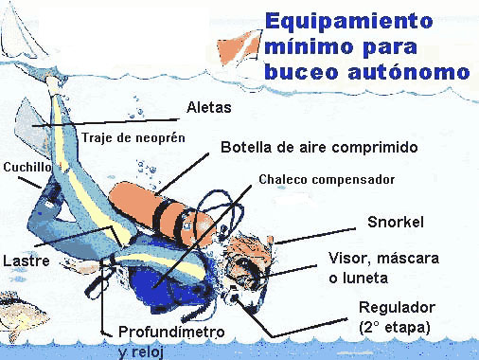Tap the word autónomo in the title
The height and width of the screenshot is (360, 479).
[409, 72]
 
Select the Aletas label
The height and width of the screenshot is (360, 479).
[209, 107]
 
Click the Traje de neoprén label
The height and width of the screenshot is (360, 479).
[133, 137]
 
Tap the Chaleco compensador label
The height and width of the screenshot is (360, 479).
[327, 179]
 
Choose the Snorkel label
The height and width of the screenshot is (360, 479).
[396, 222]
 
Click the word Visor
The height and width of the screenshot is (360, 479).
[350, 259]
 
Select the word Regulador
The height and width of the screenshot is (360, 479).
[398, 307]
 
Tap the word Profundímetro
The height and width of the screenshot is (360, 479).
[171, 332]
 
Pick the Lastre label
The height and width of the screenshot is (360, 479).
[27, 261]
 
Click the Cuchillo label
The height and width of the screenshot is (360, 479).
[27, 167]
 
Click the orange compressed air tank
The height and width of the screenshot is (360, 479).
[162, 212]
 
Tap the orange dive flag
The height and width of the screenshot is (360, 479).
[239, 46]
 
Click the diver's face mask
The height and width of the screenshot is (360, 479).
[249, 268]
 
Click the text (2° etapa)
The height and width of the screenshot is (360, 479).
[395, 327]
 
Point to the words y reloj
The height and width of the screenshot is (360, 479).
[141, 351]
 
